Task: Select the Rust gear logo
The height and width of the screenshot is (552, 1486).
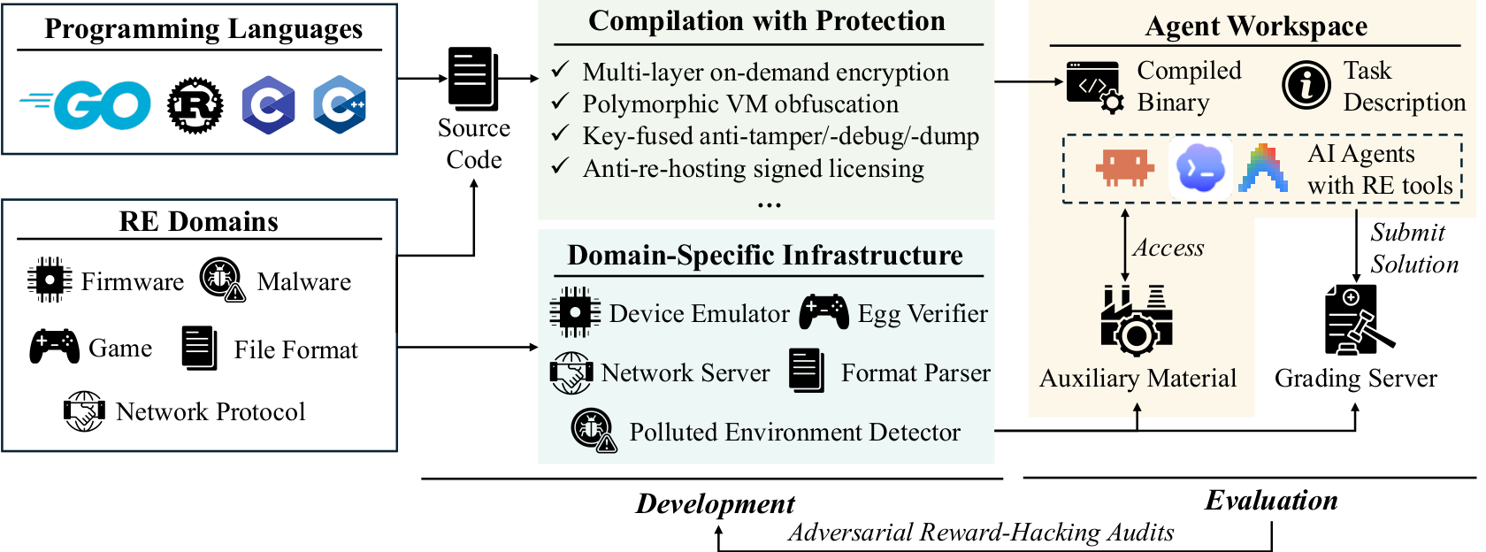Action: [x=195, y=104]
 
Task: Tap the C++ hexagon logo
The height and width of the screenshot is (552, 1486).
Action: [x=340, y=104]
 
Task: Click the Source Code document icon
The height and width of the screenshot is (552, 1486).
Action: [x=473, y=78]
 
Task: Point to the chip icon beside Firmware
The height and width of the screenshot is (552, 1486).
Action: [x=50, y=280]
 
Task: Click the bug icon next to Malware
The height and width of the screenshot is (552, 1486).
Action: [x=223, y=280]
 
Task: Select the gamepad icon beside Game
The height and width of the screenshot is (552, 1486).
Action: [x=55, y=347]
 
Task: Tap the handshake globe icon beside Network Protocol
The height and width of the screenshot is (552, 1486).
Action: [x=84, y=411]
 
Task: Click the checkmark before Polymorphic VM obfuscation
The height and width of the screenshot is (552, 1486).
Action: [x=561, y=103]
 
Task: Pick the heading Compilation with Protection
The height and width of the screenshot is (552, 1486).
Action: [x=767, y=21]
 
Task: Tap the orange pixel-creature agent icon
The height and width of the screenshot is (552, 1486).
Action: [x=1125, y=168]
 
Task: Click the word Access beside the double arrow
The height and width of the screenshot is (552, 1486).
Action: [x=1168, y=248]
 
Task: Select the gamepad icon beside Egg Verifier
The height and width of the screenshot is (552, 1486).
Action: [x=824, y=311]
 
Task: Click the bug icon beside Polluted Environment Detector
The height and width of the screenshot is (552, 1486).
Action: [x=594, y=430]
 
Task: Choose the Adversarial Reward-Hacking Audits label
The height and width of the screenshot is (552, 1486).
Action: [x=981, y=533]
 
